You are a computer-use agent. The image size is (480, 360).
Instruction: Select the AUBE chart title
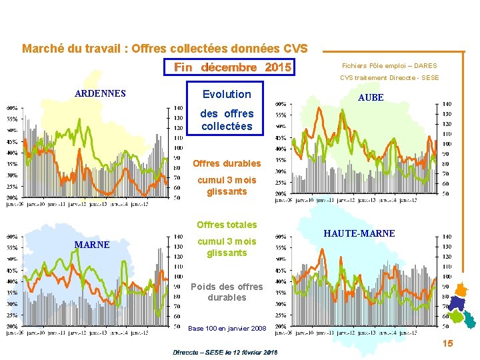pos(371,97)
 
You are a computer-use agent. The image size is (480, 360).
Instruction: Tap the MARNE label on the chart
pos(92,245)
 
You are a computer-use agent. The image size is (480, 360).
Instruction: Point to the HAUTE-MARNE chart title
pos(359,233)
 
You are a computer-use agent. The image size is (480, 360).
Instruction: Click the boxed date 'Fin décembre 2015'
pos(232,67)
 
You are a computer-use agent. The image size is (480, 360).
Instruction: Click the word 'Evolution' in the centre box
pos(227,94)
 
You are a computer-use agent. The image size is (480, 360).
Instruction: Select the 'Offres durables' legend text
pos(227,163)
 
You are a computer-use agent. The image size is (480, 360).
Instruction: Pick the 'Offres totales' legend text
pos(227,225)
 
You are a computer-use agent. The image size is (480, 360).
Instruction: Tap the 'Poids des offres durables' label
pos(227,292)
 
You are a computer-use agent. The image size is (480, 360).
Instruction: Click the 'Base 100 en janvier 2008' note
pos(227,329)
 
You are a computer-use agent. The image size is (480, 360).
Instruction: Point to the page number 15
pos(447,343)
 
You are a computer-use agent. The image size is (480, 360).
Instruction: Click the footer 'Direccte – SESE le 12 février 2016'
pos(225,351)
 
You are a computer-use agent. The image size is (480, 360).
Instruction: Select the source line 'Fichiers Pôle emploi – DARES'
pos(389,66)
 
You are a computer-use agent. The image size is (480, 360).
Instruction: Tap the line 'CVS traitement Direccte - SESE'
pos(389,78)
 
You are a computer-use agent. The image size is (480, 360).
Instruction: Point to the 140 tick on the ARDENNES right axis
pos(178,108)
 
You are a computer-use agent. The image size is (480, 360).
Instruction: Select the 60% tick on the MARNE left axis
pos(12,236)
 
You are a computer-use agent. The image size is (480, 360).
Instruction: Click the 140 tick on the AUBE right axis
pos(447,104)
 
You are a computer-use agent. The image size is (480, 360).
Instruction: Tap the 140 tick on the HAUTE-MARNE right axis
pos(447,236)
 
